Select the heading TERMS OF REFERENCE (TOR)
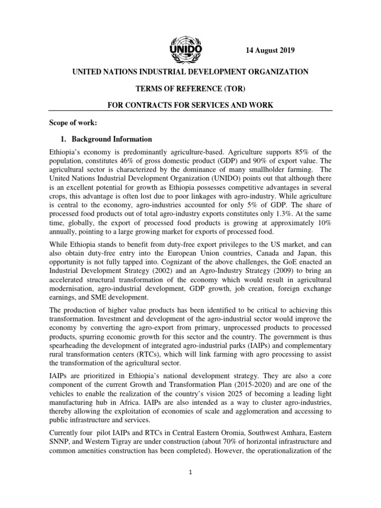coord(191,89)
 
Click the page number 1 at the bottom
coord(190,473)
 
